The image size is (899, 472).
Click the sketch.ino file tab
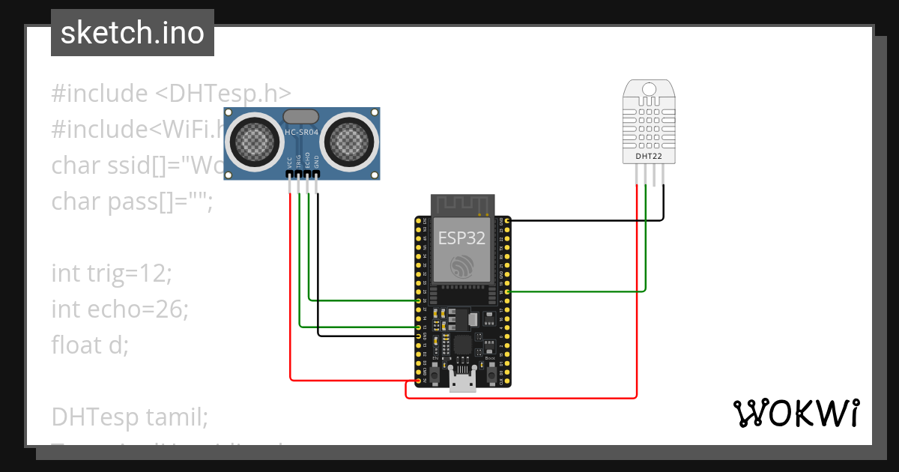point(133,33)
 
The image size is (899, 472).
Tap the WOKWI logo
point(795,413)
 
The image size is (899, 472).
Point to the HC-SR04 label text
point(302,133)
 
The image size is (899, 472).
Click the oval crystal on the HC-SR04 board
point(300,115)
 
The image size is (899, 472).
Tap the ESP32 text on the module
point(461,237)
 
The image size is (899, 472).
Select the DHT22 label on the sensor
point(649,157)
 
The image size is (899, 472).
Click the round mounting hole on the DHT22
point(649,91)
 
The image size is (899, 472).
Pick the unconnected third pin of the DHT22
point(654,175)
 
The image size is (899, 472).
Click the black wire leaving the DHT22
point(584,220)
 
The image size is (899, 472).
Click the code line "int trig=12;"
point(112,273)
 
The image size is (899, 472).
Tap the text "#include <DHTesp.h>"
point(171,94)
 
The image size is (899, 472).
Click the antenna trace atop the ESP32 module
point(461,204)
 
